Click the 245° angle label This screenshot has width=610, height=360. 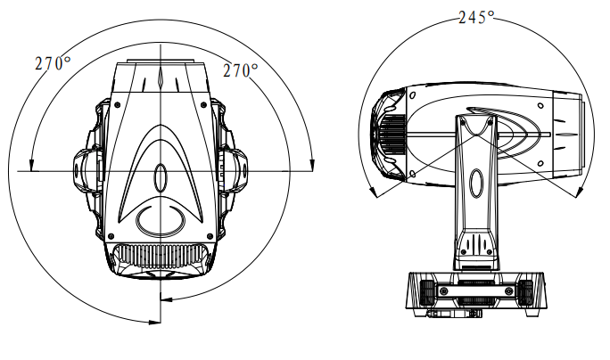(476, 18)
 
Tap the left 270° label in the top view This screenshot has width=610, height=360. (53, 63)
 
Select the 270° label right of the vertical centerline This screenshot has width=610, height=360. (241, 70)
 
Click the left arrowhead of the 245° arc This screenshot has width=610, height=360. (373, 192)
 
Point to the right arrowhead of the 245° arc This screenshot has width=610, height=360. (580, 192)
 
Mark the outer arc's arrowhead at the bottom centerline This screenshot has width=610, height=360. (155, 322)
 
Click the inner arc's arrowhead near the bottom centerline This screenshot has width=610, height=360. (166, 299)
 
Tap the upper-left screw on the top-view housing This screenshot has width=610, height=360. (118, 103)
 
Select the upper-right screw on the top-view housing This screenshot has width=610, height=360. (203, 105)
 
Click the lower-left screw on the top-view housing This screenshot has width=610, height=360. (111, 236)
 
